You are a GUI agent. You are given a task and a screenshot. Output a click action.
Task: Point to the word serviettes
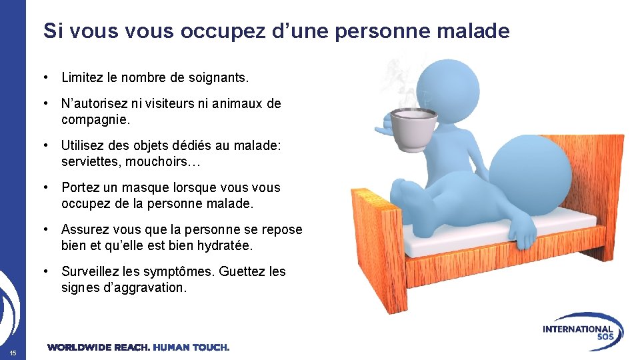point(89,162)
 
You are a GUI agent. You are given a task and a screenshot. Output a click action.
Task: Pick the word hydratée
point(222,245)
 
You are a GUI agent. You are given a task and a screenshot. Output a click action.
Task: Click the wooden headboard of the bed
point(373,247)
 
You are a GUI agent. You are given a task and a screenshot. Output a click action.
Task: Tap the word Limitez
point(83,78)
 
